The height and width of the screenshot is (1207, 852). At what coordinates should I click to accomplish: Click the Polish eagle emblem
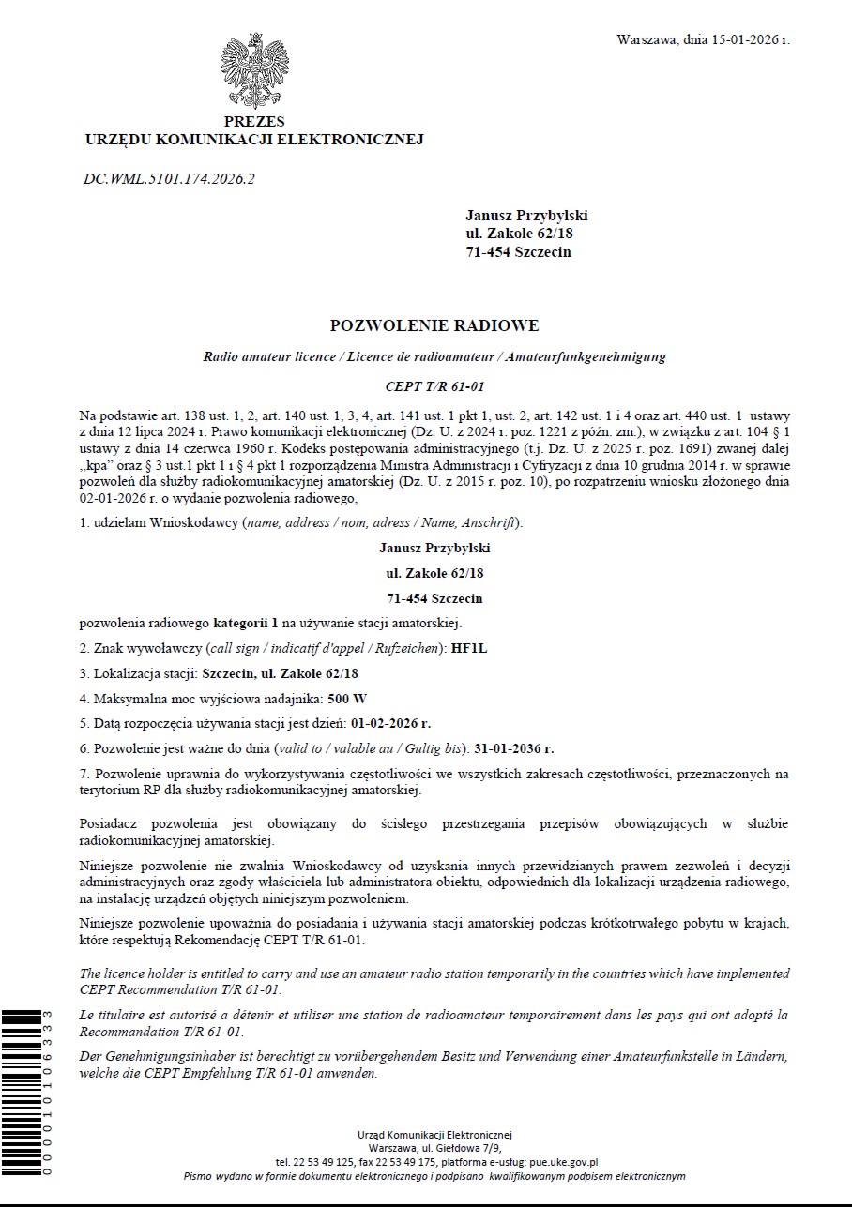(254, 71)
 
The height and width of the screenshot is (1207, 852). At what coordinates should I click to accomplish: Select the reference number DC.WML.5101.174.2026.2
(169, 178)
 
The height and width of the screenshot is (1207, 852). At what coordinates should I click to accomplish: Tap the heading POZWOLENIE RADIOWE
(434, 326)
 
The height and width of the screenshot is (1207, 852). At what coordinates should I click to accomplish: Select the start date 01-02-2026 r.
(390, 723)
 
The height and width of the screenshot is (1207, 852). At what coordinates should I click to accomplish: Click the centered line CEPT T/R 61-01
(434, 386)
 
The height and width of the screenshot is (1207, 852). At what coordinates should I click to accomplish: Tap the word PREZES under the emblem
(254, 122)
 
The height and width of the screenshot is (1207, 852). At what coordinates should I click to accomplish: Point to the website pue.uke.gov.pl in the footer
(564, 1161)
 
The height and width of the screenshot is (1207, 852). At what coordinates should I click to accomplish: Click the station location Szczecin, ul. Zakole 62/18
(281, 673)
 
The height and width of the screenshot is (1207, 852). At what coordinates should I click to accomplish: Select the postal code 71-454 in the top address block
(488, 251)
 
